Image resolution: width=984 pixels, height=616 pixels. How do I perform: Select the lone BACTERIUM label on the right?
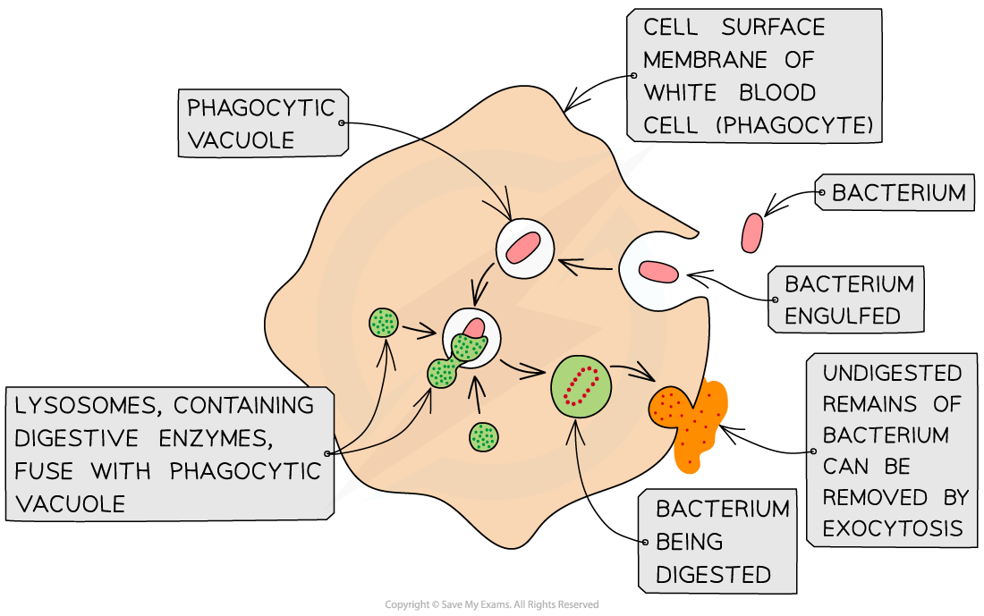pos(898,192)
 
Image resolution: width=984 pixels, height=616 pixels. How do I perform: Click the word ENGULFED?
pos(842,316)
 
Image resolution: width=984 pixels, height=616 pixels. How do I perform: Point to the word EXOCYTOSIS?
pos(892,528)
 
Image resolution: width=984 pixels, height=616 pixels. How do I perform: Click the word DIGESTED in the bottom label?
pos(713,574)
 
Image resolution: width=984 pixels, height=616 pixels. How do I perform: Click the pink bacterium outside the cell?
pos(752,232)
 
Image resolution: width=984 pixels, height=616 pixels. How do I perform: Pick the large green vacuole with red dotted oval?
pos(581,385)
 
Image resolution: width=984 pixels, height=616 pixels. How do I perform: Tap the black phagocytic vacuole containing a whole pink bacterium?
pos(525,247)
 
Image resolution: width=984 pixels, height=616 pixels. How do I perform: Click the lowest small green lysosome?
pos(484,436)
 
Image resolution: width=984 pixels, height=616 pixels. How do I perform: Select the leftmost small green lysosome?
pos(385,322)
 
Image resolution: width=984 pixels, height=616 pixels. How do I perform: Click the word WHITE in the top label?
pos(679,93)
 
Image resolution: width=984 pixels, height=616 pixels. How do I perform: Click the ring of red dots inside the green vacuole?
pos(581,386)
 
